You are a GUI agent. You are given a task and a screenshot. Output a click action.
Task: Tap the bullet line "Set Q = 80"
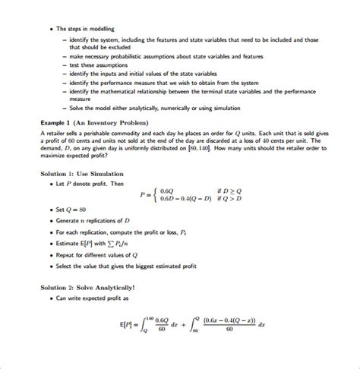(73, 209)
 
